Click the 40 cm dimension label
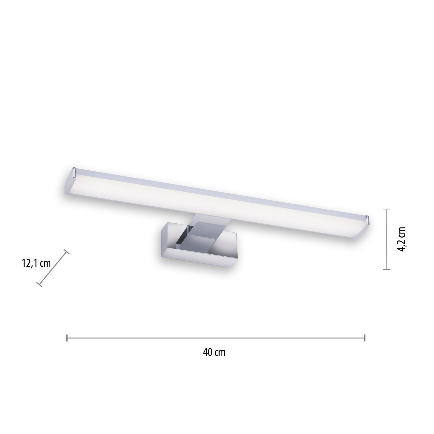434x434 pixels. point(214,352)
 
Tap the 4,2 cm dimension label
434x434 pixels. point(402,239)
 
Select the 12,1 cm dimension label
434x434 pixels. point(36,263)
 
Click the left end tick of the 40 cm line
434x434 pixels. point(67,338)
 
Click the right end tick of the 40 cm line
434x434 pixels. point(365,338)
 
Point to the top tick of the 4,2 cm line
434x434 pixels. point(386,209)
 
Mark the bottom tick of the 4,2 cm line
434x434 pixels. point(386,269)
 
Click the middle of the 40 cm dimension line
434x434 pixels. point(216,338)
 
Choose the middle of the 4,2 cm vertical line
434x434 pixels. point(386,239)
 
